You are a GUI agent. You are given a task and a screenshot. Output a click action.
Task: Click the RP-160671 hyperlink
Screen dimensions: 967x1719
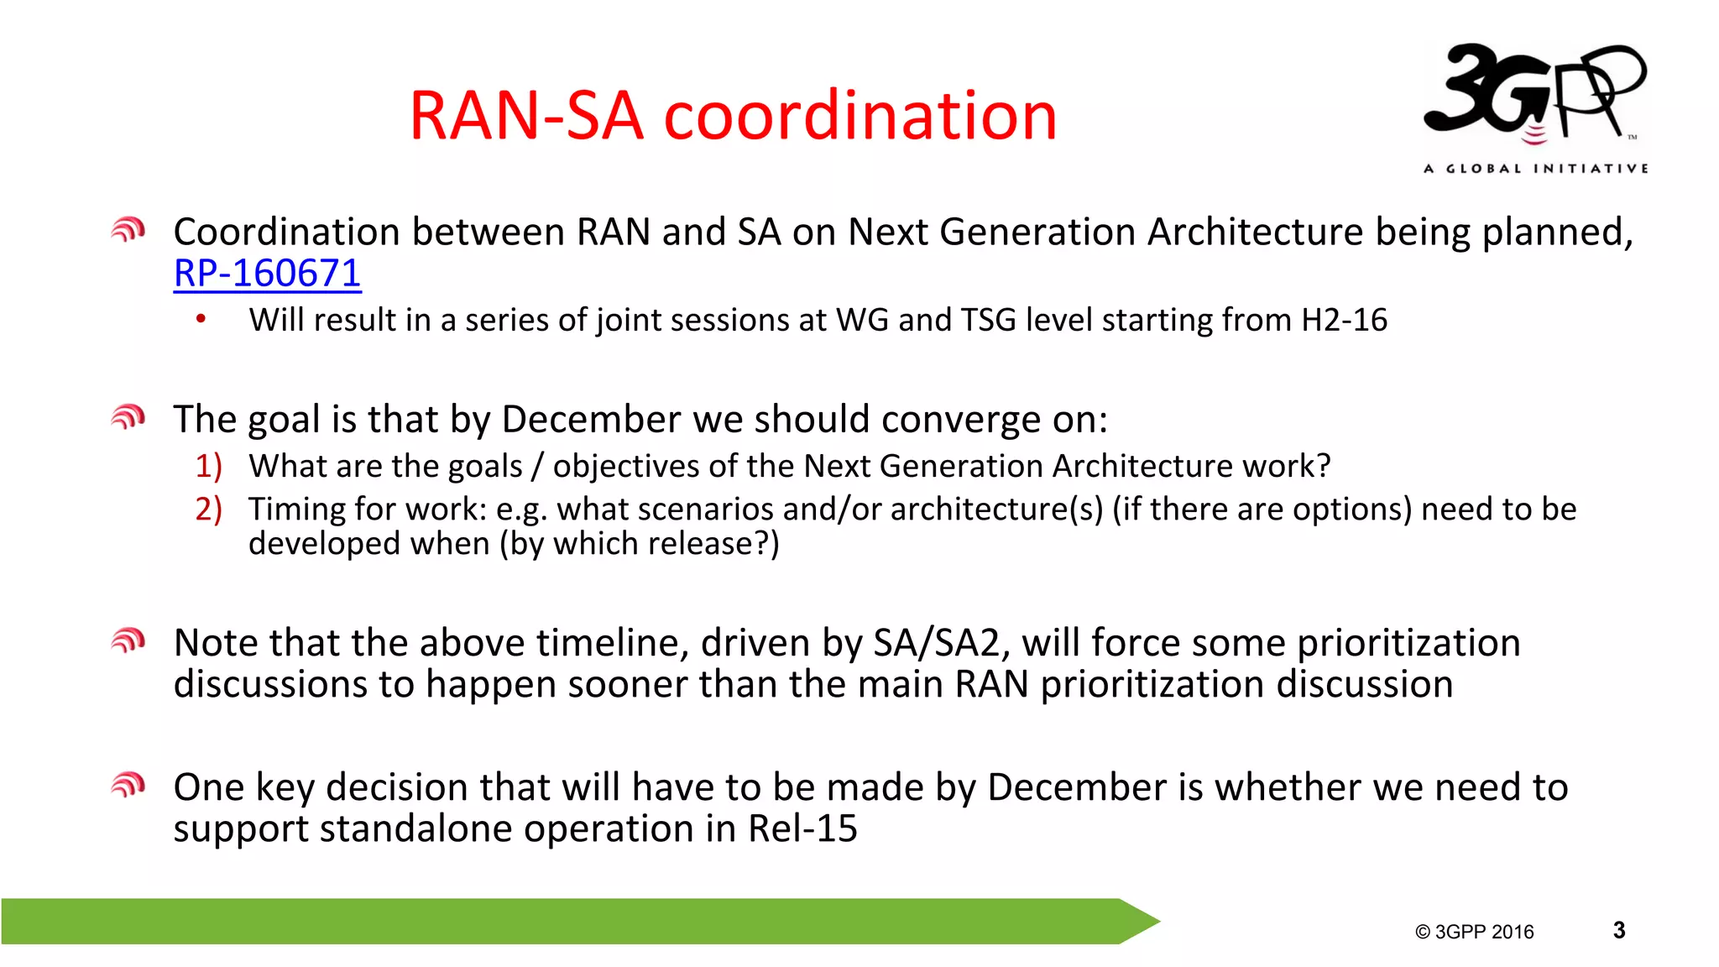click(x=267, y=274)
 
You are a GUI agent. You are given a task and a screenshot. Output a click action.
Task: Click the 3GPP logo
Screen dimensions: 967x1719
click(x=1535, y=92)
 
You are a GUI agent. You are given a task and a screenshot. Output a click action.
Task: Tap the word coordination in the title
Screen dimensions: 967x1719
click(x=859, y=116)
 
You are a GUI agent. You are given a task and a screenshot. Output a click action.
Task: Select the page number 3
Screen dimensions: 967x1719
click(x=1619, y=930)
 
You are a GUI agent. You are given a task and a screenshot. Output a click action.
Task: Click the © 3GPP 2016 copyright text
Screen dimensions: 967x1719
click(x=1474, y=932)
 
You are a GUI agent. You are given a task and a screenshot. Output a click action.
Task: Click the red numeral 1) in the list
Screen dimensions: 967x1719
click(x=208, y=466)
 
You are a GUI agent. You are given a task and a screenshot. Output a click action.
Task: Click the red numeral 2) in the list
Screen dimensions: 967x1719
click(x=208, y=510)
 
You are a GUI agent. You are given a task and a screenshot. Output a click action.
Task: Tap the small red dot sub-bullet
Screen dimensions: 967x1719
click(x=201, y=318)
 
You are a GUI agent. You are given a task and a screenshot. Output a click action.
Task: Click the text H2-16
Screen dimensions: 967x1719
click(x=1344, y=321)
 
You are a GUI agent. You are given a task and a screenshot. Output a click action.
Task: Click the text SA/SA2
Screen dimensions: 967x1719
click(x=937, y=644)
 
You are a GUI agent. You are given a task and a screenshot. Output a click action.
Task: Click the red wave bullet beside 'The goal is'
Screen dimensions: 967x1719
click(x=128, y=416)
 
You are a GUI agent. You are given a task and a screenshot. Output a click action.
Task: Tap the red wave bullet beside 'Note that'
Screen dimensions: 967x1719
click(x=128, y=641)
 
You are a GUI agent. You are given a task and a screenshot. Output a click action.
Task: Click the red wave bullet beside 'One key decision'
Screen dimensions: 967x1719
click(x=128, y=785)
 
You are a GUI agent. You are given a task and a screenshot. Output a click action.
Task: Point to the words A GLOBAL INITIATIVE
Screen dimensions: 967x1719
click(x=1535, y=169)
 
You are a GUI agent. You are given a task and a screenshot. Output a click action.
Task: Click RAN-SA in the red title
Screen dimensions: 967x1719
click(x=526, y=116)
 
